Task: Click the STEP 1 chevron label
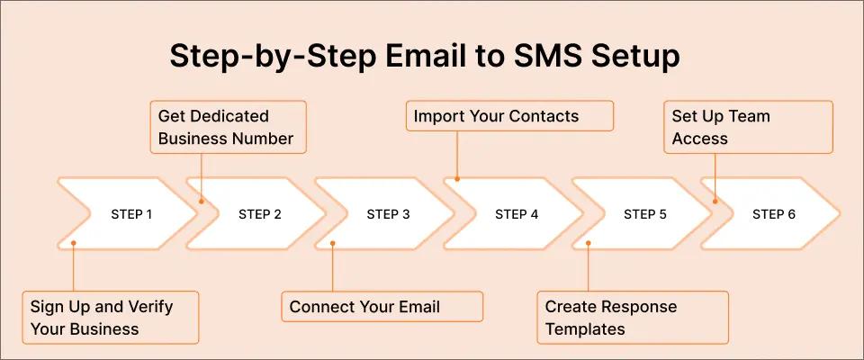[x=131, y=215]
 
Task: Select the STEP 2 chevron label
[x=260, y=215]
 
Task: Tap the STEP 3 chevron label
[x=388, y=215]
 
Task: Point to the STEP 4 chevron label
[x=517, y=215]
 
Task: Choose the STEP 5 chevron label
[x=645, y=215]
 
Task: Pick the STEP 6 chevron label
[x=774, y=215]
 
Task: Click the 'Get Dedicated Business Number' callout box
[x=228, y=127]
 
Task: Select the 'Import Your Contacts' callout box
[x=509, y=116]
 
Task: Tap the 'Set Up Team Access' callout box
[x=749, y=127]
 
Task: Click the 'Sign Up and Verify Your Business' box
[x=110, y=317]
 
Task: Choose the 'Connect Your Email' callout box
[x=382, y=307]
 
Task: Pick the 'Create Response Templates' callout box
[x=633, y=317]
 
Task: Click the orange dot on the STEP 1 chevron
[x=73, y=243]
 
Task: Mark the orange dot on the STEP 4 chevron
[x=457, y=179]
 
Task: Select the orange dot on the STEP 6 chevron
[x=715, y=200]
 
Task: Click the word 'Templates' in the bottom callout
[x=585, y=328]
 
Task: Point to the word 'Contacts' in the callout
[x=543, y=116]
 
